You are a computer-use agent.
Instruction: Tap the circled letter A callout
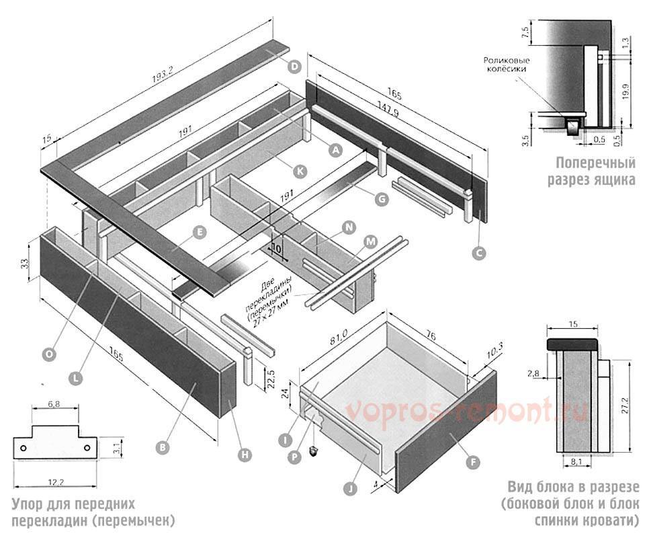tap(334, 151)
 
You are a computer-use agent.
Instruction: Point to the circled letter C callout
tap(479, 253)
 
